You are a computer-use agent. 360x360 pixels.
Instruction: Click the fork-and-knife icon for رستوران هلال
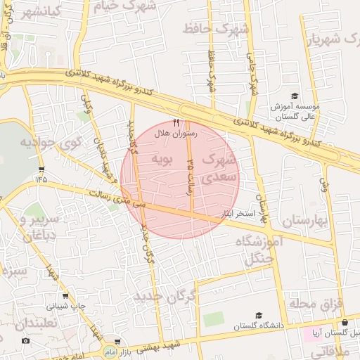[176, 122]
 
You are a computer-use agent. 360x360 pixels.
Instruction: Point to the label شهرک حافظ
[216, 29]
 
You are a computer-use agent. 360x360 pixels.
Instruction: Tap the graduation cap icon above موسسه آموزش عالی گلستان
[294, 96]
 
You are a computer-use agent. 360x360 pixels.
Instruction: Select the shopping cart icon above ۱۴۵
[42, 169]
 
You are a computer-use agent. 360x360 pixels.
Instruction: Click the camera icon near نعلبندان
[26, 341]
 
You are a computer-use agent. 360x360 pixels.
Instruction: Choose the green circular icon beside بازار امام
[109, 349]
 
